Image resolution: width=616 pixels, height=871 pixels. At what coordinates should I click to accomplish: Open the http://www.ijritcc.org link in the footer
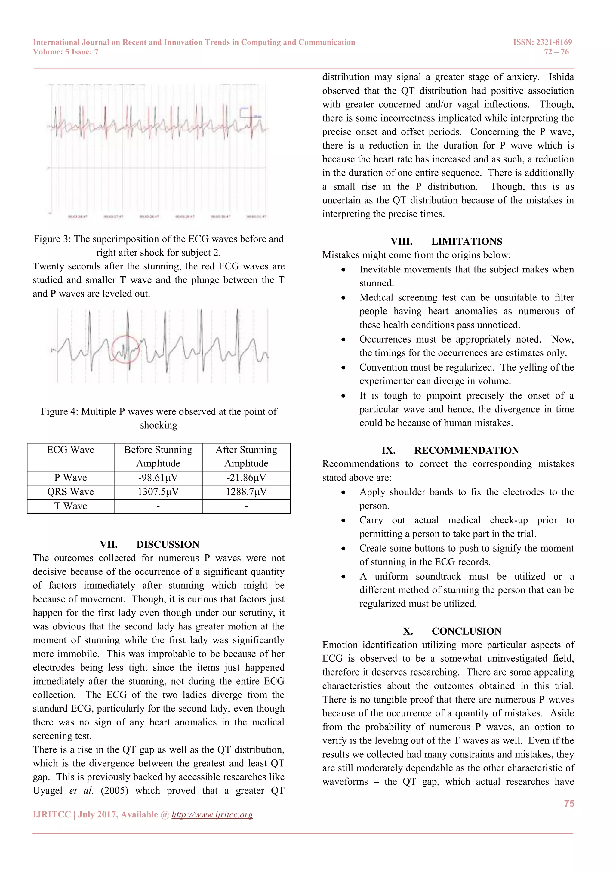pos(212,814)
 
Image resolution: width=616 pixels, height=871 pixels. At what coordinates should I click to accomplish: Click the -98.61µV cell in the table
pos(158,478)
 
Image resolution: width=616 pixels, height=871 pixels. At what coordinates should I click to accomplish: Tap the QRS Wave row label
pos(71,492)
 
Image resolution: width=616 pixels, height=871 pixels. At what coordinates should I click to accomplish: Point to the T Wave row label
pos(71,506)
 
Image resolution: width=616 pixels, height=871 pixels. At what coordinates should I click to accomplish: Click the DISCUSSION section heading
pos(168,544)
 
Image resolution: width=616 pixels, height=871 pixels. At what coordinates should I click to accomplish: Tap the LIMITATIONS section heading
pos(467,241)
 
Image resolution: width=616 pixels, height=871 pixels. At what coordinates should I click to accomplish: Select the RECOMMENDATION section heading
pos(466,450)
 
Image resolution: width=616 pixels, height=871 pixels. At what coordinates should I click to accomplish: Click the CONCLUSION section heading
pos(466,631)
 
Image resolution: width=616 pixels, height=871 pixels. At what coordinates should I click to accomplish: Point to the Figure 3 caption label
pos(52,239)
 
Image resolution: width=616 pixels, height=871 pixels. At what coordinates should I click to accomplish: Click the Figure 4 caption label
pos(60,412)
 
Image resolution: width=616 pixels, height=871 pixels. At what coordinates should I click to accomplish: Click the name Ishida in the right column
pos(561,77)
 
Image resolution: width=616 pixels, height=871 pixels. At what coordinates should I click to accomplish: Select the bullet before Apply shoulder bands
pos(343,492)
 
